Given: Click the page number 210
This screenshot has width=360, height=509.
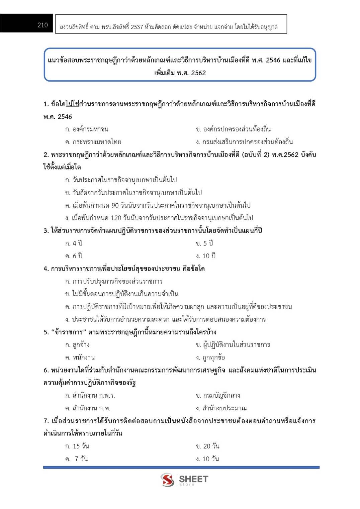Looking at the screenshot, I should pyautogui.click(x=42, y=25).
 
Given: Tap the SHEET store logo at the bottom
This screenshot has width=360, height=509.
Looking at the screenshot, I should pyautogui.click(x=184, y=480).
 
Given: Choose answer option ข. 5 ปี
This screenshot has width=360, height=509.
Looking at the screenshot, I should pyautogui.click(x=204, y=243).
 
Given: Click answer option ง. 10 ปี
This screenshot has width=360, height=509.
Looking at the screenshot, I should pyautogui.click(x=206, y=256).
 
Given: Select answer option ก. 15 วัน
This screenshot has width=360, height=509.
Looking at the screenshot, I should pyautogui.click(x=77, y=446).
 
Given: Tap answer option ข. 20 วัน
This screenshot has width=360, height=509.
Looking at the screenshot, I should pyautogui.click(x=208, y=446).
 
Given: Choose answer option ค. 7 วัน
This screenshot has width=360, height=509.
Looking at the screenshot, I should pyautogui.click(x=77, y=459).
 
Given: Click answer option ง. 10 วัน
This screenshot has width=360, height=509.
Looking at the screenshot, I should pyautogui.click(x=207, y=459).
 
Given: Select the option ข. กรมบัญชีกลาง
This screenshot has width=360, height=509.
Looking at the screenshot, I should pyautogui.click(x=218, y=396).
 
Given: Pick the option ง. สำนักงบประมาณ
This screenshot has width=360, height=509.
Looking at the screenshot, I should pyautogui.click(x=221, y=408).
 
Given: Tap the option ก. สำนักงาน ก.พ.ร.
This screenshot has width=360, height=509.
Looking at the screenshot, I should pyautogui.click(x=90, y=396).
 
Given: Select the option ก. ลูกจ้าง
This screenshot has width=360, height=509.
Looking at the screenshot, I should pyautogui.click(x=77, y=345).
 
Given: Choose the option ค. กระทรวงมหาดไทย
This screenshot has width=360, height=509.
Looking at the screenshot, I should pyautogui.click(x=93, y=142).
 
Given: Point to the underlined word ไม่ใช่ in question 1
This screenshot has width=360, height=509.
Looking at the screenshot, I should pyautogui.click(x=72, y=104).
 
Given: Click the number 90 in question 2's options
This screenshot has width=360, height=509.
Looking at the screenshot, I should pyautogui.click(x=115, y=205).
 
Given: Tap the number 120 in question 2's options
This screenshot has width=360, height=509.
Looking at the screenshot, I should pyautogui.click(x=116, y=218).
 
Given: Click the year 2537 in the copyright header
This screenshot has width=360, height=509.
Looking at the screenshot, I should pyautogui.click(x=137, y=27).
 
